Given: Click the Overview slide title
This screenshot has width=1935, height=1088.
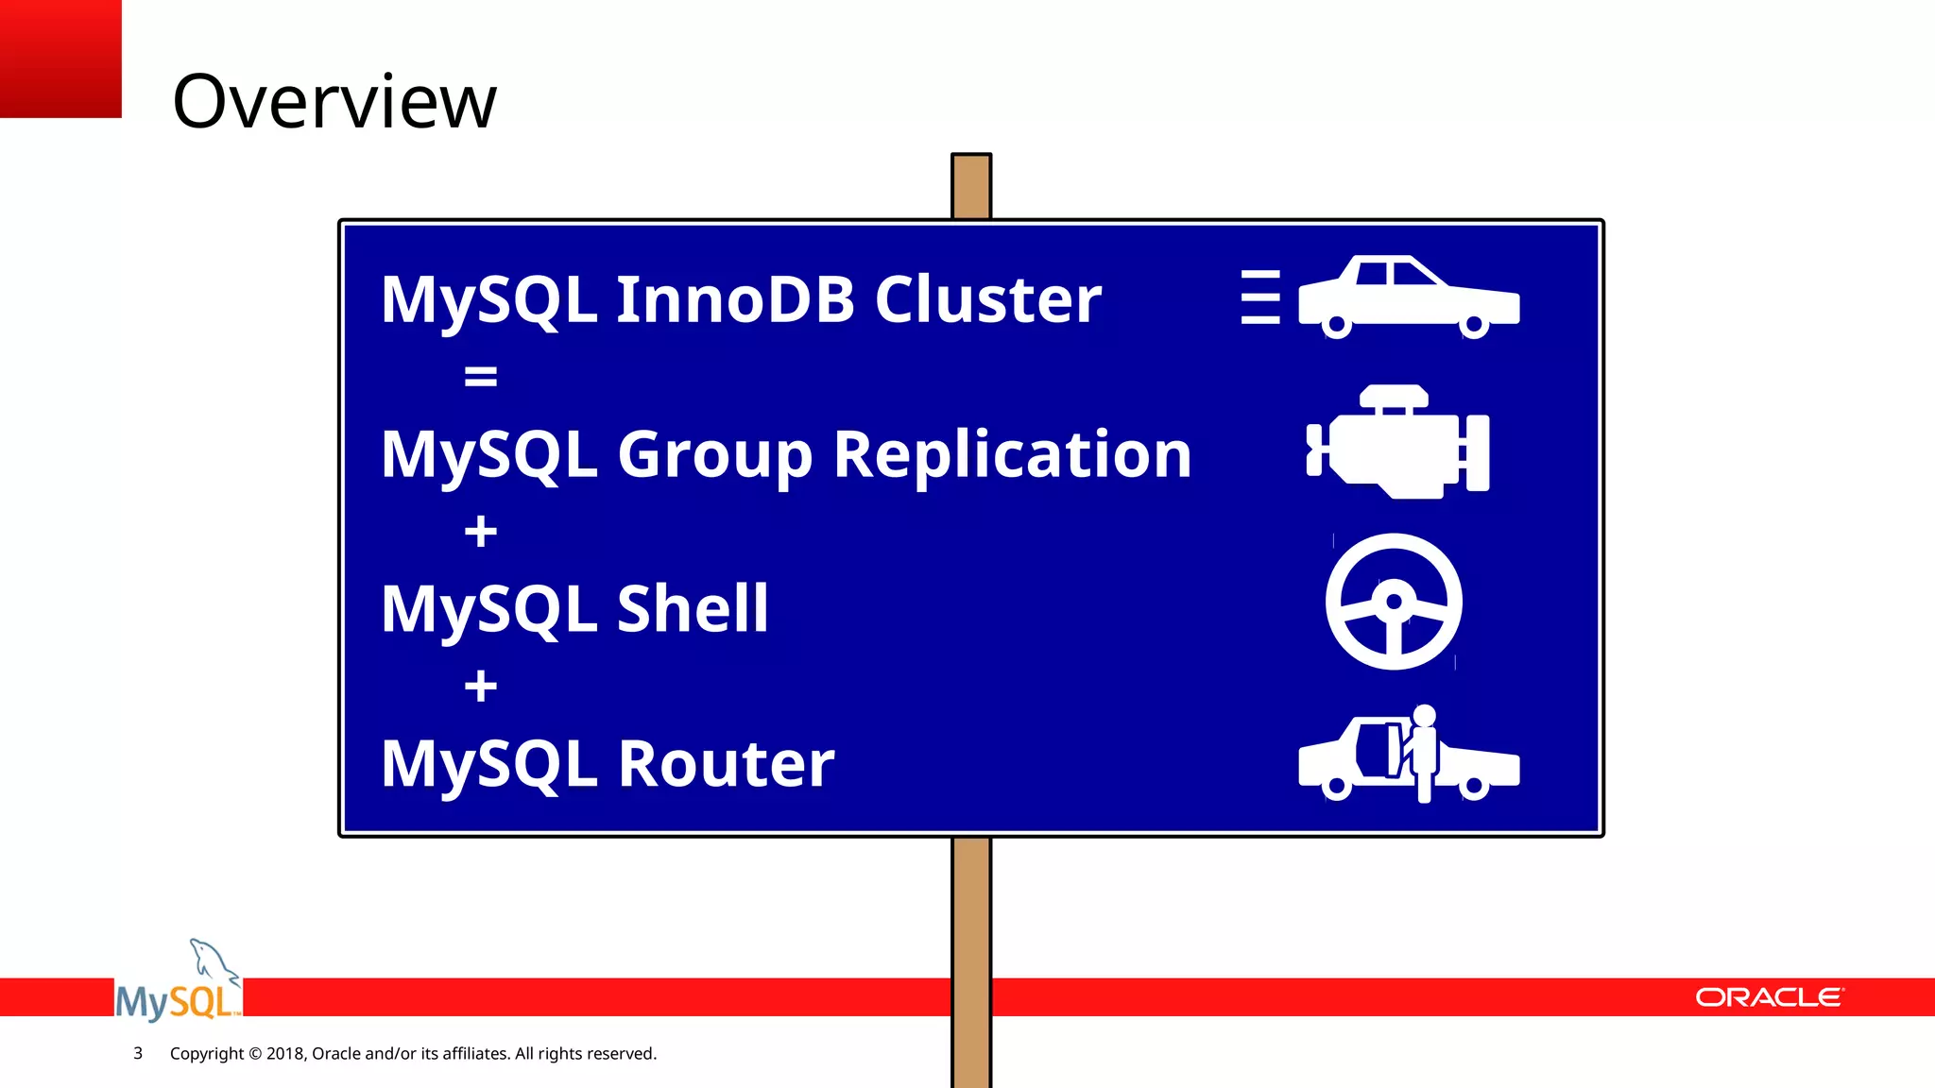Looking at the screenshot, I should coord(334,101).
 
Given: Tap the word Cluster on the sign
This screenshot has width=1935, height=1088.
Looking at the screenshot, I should coord(987,299).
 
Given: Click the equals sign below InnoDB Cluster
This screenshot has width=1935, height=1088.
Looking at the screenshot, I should coord(480,377).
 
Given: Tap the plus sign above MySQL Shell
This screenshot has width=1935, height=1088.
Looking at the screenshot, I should coord(480,531).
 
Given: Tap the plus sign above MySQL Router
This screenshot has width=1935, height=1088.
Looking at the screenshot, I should coord(480,686).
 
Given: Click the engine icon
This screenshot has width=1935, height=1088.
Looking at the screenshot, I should coord(1398,444).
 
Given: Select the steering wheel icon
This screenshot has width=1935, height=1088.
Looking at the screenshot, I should coord(1394,602).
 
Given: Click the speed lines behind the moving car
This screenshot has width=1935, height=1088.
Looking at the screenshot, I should coord(1260,297).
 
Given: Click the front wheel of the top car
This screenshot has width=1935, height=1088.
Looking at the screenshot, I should coord(1474,326).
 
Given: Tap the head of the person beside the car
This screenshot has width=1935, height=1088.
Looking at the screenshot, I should coord(1424,715).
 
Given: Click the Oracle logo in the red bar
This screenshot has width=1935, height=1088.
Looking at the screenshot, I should coord(1769,997).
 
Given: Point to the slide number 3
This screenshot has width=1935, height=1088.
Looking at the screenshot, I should coord(138,1053).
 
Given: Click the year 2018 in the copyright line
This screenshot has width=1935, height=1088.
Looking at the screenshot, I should coord(283,1053).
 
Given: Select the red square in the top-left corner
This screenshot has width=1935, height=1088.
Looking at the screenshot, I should coord(60,59).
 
